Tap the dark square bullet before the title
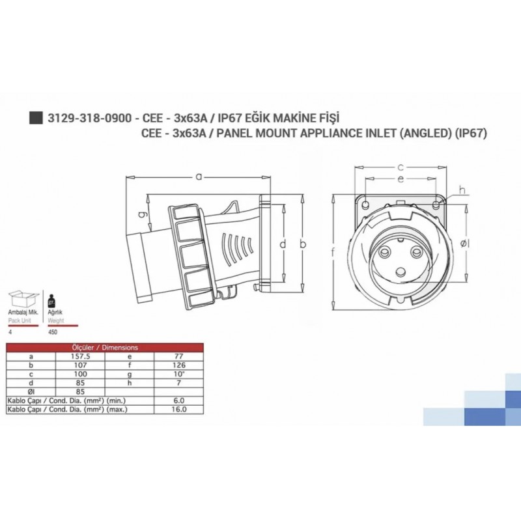point(36,118)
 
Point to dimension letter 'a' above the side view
point(198,175)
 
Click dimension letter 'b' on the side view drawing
point(302,244)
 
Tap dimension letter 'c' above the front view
point(402,167)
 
